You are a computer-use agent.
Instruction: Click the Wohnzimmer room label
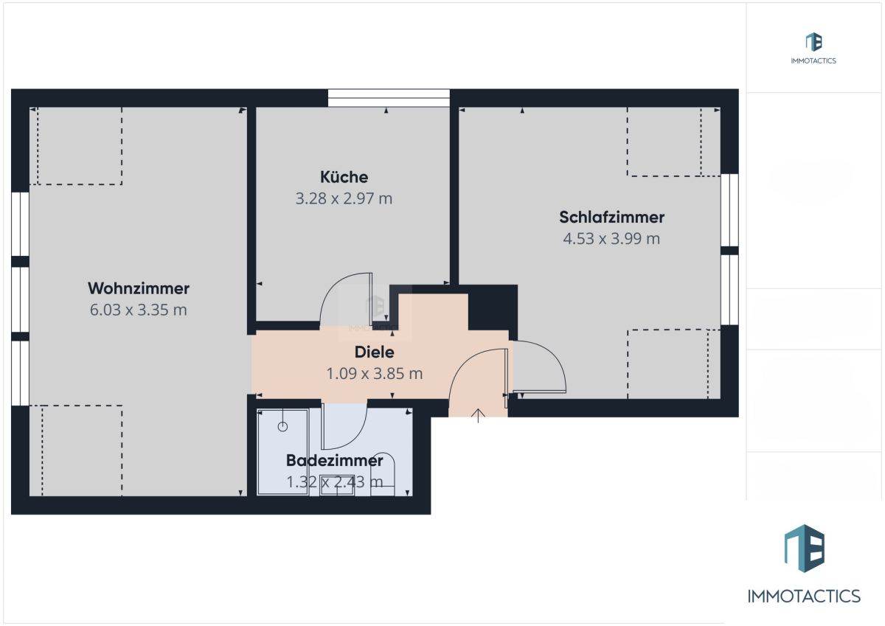click(x=139, y=288)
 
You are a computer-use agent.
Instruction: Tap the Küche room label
click(x=344, y=177)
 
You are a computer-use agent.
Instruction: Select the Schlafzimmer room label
click(x=611, y=218)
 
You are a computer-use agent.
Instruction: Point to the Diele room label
click(x=374, y=352)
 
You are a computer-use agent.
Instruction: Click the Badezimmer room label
click(x=335, y=461)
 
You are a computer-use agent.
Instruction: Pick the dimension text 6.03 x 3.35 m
click(x=139, y=310)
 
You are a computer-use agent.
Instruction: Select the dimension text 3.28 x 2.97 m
click(x=344, y=198)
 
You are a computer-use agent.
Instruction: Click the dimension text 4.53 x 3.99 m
click(x=611, y=239)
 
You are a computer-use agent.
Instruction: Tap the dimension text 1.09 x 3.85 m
click(x=375, y=374)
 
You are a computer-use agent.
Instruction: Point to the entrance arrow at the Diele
click(x=478, y=416)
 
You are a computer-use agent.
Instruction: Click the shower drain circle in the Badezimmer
click(x=282, y=426)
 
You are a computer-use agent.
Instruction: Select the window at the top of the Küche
click(x=389, y=98)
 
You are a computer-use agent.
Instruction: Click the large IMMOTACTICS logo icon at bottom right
click(x=805, y=548)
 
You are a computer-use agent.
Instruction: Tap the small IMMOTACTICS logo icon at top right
click(x=814, y=42)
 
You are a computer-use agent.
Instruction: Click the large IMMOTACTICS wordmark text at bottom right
click(x=804, y=597)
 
